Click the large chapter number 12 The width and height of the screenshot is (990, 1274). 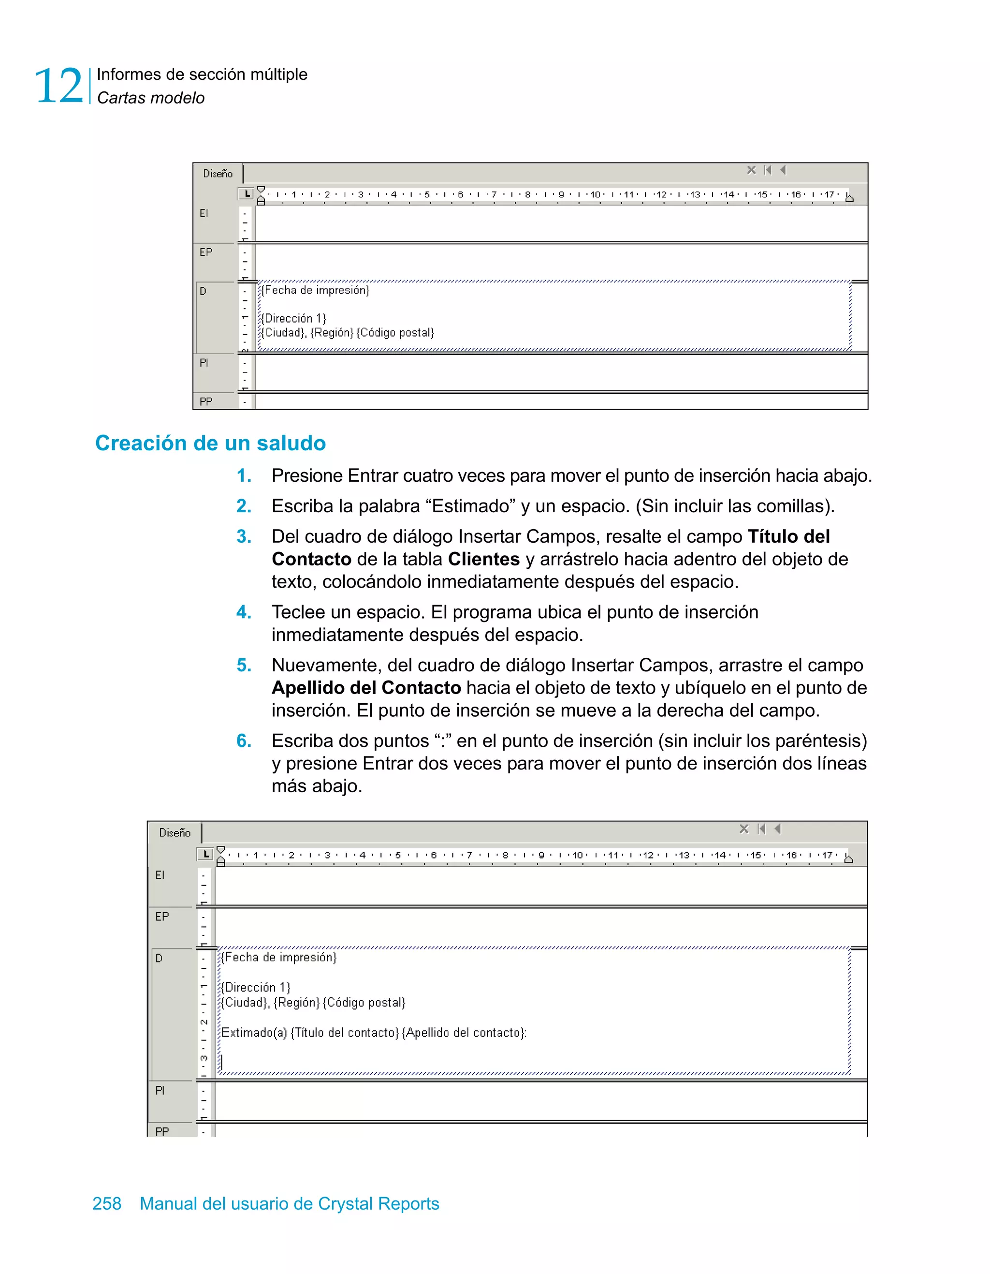coord(58,86)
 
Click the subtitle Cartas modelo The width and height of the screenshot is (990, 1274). coord(150,98)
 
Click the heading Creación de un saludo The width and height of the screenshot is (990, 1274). coord(210,444)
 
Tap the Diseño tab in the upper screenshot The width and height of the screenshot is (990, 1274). coord(218,173)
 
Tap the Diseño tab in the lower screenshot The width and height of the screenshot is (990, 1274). coord(175,832)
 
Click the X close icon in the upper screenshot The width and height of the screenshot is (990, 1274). coord(751,170)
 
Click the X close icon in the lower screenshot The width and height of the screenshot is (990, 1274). coord(743,829)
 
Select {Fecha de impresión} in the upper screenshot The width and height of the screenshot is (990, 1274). coord(315,290)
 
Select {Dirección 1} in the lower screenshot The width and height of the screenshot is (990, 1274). coord(255,987)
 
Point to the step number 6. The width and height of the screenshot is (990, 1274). coord(244,741)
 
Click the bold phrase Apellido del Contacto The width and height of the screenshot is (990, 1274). coord(366,688)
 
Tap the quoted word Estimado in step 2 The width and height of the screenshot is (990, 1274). coord(471,506)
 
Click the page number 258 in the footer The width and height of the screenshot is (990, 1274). coord(107,1203)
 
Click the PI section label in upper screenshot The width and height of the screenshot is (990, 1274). coord(204,363)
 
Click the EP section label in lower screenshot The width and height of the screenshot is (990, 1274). coord(161,917)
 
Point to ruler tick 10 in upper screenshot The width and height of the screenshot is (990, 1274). coord(595,195)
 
